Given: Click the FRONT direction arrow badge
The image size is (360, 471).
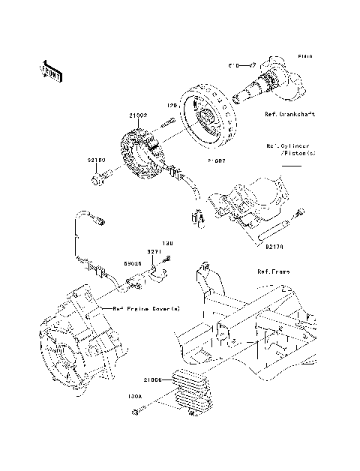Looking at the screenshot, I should pos(52,71).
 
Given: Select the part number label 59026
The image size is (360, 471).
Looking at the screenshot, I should pos(133,263).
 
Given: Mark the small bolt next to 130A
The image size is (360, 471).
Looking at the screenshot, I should pos(137,410).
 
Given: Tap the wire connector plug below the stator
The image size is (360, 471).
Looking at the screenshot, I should pos(198,218).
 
